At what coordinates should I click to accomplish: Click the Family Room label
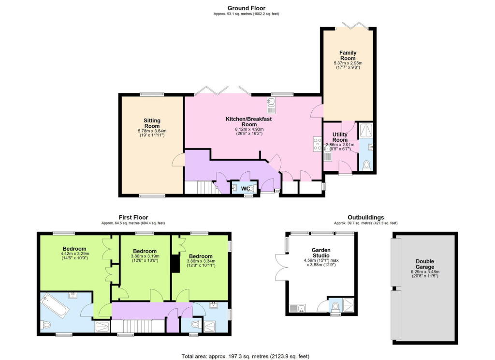(x=347, y=55)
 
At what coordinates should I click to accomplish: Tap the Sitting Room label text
(x=152, y=123)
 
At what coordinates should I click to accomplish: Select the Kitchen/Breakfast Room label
(x=248, y=121)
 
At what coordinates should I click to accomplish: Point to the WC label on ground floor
(x=246, y=188)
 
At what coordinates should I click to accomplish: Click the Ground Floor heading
(x=247, y=8)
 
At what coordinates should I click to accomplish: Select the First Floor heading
(x=133, y=217)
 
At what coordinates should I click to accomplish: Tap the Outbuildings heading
(x=365, y=217)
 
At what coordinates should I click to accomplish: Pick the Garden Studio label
(x=320, y=253)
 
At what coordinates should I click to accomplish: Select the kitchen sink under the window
(x=271, y=102)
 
